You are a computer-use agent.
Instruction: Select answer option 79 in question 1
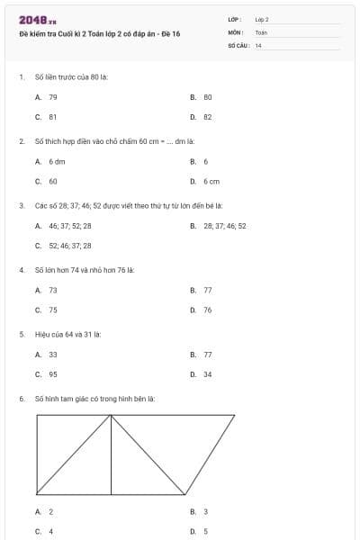[53, 96]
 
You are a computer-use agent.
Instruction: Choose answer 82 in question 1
[207, 117]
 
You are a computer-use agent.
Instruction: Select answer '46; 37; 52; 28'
[69, 226]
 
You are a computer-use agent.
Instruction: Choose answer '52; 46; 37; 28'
[69, 245]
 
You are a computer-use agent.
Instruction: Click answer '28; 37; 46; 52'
[224, 226]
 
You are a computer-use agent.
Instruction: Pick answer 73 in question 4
[53, 290]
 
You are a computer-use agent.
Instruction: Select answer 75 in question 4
[53, 310]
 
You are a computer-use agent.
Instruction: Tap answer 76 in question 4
[207, 310]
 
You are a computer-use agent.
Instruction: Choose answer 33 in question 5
[53, 355]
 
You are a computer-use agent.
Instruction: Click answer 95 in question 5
[53, 374]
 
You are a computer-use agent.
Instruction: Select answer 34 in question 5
[207, 374]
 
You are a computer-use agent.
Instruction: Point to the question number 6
[21, 398]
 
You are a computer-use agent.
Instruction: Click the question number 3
[21, 205]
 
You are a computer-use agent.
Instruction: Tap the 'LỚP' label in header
[235, 19]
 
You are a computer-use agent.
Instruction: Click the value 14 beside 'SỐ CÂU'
[258, 45]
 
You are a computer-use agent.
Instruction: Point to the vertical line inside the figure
[111, 454]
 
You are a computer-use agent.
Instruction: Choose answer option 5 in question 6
[206, 531]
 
